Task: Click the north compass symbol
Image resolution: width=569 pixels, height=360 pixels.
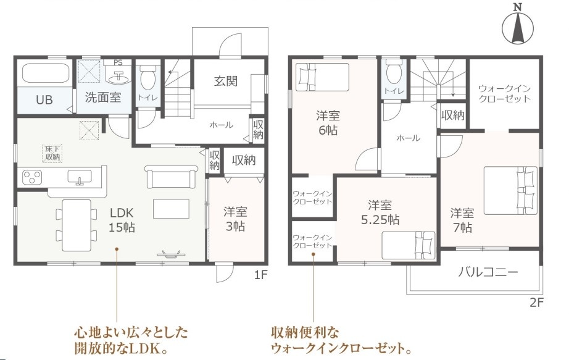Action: [x=518, y=25]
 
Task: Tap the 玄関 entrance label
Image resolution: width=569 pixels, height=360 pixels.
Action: [x=226, y=81]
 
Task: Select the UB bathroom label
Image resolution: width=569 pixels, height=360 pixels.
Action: [x=44, y=99]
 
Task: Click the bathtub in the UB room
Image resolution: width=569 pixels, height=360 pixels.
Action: [x=46, y=73]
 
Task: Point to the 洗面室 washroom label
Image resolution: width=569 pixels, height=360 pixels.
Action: [x=103, y=98]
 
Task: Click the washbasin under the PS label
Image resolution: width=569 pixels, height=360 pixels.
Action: [x=118, y=77]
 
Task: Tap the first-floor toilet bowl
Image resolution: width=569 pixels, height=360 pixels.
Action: [x=147, y=78]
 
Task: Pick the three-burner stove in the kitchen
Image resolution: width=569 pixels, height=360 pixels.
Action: [x=32, y=178]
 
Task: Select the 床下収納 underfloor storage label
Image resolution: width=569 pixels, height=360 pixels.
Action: [x=52, y=153]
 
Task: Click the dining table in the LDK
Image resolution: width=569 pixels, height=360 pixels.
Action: [x=77, y=225]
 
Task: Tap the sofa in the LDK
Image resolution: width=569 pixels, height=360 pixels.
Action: [x=172, y=177]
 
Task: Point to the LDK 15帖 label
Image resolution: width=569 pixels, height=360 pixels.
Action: [x=122, y=220]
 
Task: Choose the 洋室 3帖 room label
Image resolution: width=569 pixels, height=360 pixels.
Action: [x=235, y=219]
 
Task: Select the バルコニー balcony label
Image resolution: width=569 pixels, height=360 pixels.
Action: [x=488, y=272]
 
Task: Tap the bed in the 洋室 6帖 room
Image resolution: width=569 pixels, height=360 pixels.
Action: [x=322, y=77]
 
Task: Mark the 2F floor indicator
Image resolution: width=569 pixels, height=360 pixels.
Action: [x=536, y=303]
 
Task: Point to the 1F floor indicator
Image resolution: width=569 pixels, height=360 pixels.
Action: [x=260, y=275]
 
